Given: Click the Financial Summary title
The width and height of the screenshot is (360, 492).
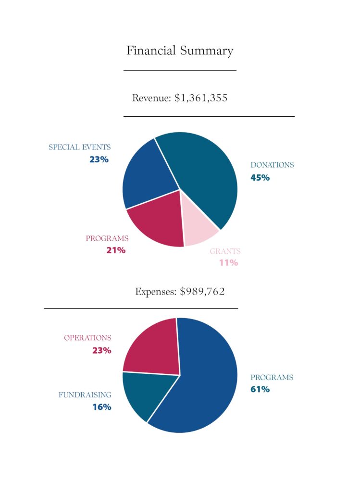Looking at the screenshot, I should [180, 51].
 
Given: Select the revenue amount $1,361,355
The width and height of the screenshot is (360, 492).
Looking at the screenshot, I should [201, 98].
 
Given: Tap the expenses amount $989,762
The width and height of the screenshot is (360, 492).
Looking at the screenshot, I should [202, 292].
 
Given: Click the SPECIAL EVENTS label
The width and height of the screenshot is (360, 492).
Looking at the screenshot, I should [80, 148].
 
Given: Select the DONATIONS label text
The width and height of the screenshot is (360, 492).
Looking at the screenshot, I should [272, 165].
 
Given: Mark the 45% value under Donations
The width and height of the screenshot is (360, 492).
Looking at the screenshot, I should [260, 178].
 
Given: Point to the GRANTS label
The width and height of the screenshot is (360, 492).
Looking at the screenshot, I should [225, 251].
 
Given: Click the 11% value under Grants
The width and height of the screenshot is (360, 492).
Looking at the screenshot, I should [228, 263].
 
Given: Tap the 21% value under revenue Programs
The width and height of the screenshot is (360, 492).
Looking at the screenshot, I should [116, 250].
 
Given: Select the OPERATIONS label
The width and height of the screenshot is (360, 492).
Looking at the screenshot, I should [87, 338].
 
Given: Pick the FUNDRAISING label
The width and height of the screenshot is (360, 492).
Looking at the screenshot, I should [85, 395].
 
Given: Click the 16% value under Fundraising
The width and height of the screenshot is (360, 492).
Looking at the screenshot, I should [102, 407].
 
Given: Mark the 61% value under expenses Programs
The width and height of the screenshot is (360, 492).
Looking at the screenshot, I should [260, 390].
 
